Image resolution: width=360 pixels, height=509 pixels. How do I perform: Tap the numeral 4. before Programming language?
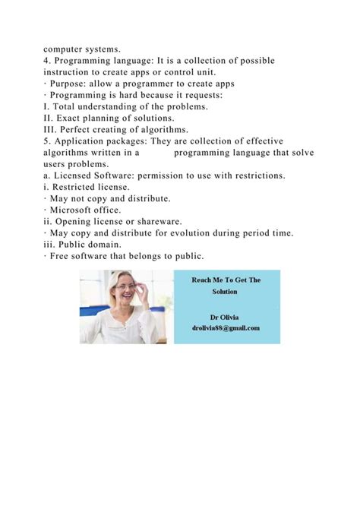click(48, 60)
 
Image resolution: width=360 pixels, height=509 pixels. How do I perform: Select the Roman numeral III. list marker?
click(53, 129)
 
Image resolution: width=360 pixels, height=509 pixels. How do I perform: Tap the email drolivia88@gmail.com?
click(226, 328)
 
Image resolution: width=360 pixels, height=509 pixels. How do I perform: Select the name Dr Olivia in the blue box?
click(226, 315)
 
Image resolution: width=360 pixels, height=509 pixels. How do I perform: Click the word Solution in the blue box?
click(226, 292)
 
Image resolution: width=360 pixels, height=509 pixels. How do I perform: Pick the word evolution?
click(193, 232)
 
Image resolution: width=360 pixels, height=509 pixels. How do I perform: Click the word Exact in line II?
click(72, 118)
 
